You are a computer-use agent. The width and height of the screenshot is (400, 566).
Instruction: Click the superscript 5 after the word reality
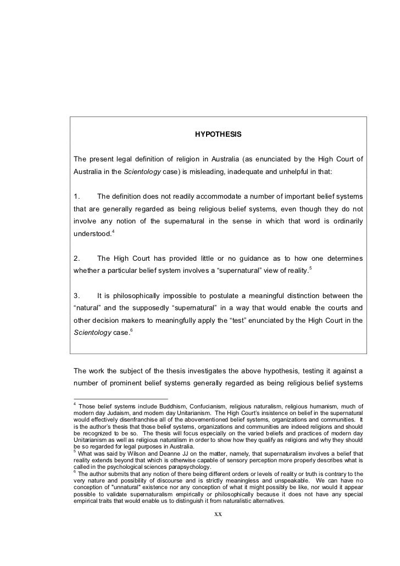coord(310,268)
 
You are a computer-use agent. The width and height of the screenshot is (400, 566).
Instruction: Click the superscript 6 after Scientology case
coord(130,332)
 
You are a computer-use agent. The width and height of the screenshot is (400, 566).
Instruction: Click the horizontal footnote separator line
coord(120,399)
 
